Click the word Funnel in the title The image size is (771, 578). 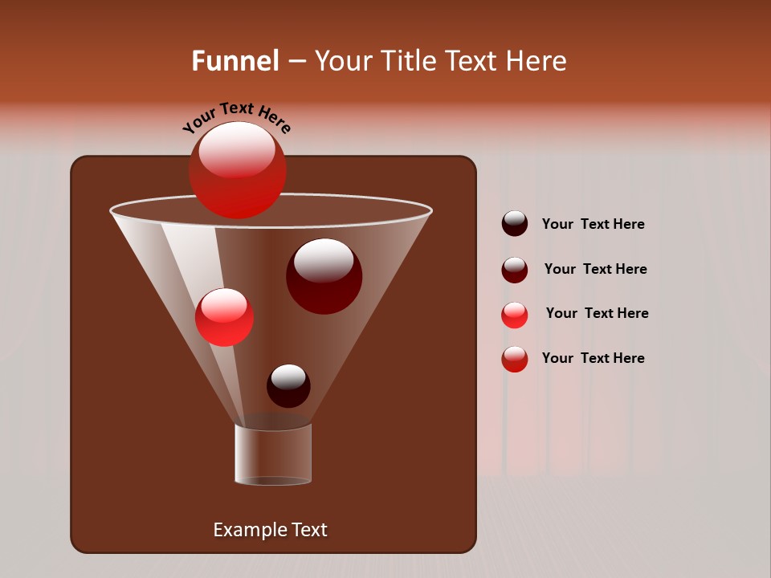point(235,61)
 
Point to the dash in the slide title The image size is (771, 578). point(296,62)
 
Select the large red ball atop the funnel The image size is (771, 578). point(238,169)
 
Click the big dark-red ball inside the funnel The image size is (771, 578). point(324,275)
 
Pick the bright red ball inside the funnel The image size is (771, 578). point(225,316)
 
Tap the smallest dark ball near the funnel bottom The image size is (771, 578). point(288,385)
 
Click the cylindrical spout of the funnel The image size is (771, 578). point(273,454)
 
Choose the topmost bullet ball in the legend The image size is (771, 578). point(515,223)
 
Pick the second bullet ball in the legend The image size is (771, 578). point(515,270)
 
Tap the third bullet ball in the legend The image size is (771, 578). point(515,315)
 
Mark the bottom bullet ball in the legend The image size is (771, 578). point(515,359)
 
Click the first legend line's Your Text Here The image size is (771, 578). point(593,224)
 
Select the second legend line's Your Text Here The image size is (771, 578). point(595,269)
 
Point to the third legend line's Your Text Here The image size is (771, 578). point(597,313)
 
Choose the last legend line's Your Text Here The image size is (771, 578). point(593,358)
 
